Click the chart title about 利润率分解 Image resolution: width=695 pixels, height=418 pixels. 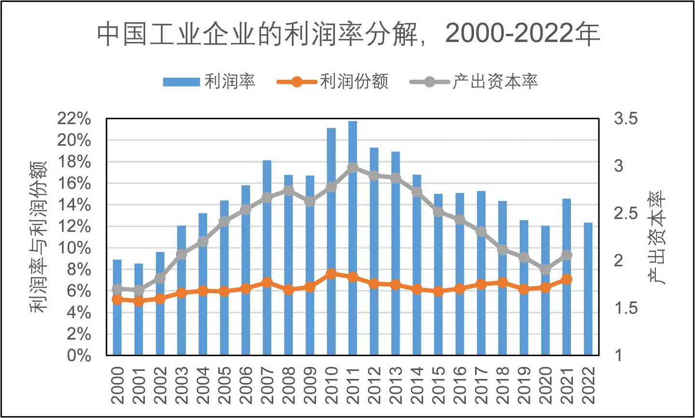(348, 34)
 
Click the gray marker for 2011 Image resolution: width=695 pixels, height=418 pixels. (352, 167)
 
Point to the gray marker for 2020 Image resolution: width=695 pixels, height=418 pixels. (545, 269)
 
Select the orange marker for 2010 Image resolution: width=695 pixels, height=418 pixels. (331, 274)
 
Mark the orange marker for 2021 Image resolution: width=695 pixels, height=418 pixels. (567, 279)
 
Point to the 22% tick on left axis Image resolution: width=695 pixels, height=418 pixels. (74, 119)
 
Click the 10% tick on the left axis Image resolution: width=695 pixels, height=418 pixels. (74, 248)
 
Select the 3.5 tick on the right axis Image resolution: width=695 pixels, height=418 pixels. (625, 119)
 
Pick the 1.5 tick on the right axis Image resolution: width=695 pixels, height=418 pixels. (625, 308)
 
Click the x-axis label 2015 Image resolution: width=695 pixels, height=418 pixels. (438, 385)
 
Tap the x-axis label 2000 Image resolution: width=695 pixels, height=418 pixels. (117, 385)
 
